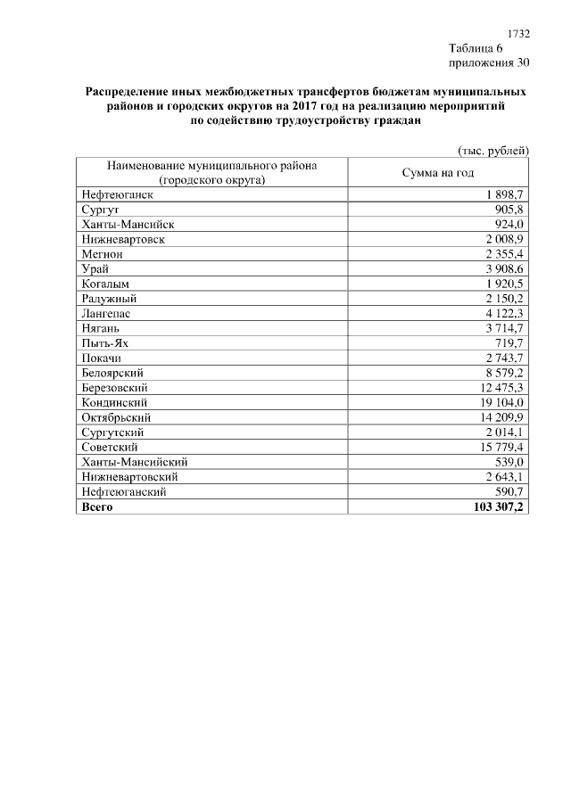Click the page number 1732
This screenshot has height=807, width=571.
518,33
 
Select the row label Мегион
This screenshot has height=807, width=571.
102,254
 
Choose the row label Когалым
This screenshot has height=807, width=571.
106,284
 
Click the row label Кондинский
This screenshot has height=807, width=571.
113,402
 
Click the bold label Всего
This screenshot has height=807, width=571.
97,506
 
